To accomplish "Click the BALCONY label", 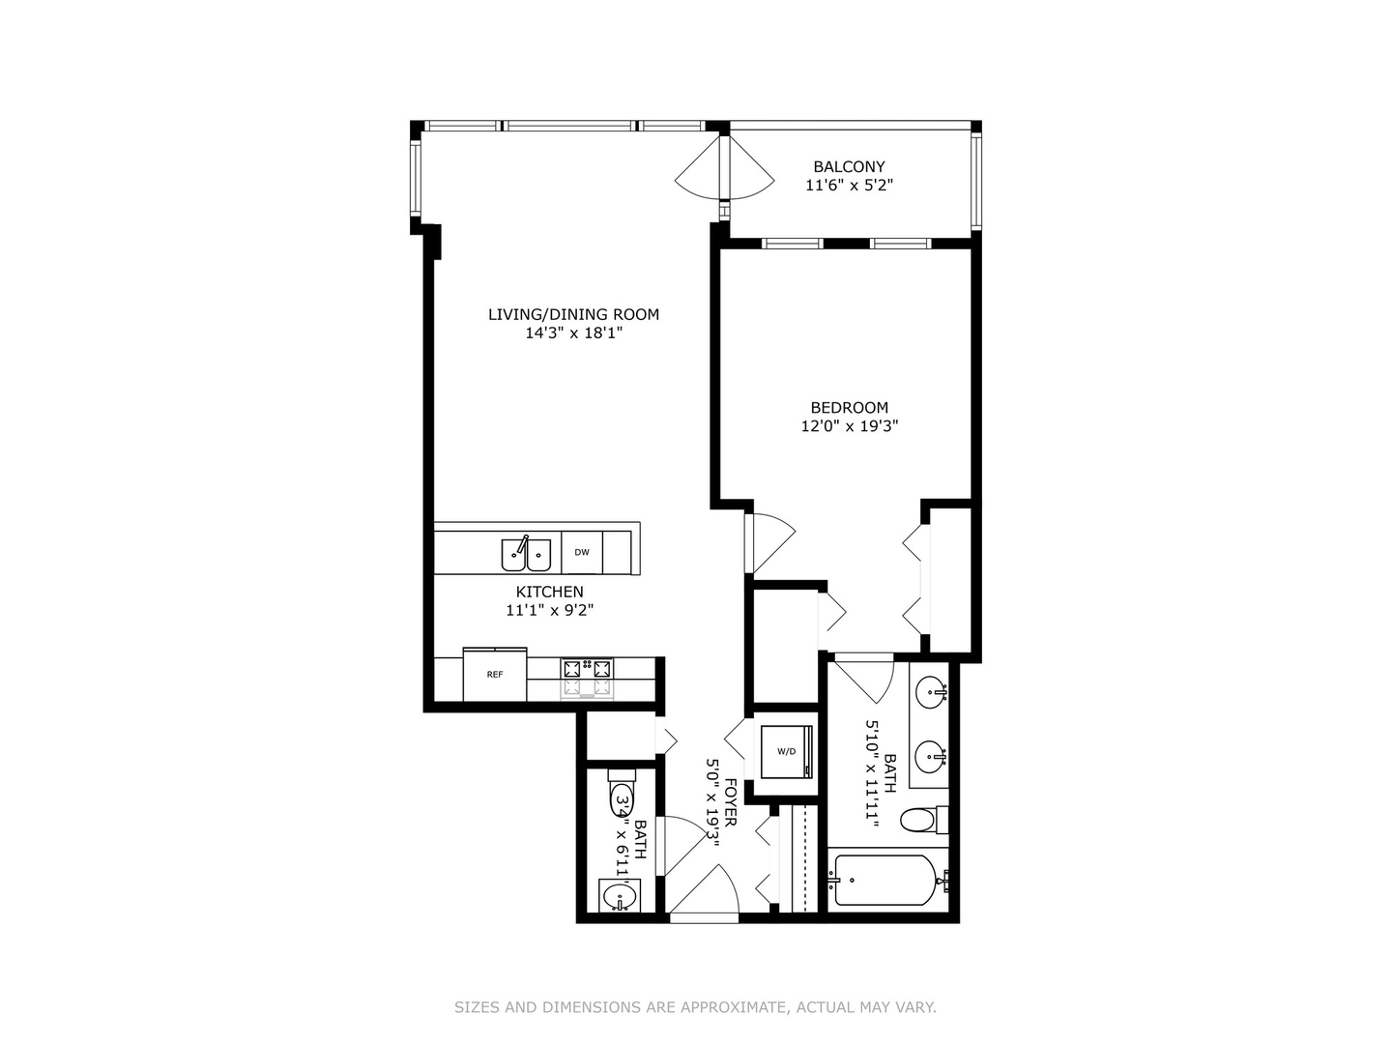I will (849, 166).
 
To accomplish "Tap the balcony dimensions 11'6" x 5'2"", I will (849, 185).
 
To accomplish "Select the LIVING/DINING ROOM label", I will (573, 314).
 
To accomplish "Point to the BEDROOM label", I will (849, 408).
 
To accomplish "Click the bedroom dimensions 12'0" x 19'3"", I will (849, 426).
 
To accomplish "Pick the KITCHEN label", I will (549, 592).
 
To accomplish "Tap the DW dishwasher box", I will (582, 553).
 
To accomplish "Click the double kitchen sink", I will (525, 555).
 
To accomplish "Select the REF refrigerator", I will (495, 675).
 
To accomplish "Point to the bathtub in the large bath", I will (884, 880).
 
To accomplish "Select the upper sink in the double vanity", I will (932, 692).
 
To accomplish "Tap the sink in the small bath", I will (619, 898).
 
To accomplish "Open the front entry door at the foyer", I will (704, 894).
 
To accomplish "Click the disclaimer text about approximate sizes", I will (695, 1007).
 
